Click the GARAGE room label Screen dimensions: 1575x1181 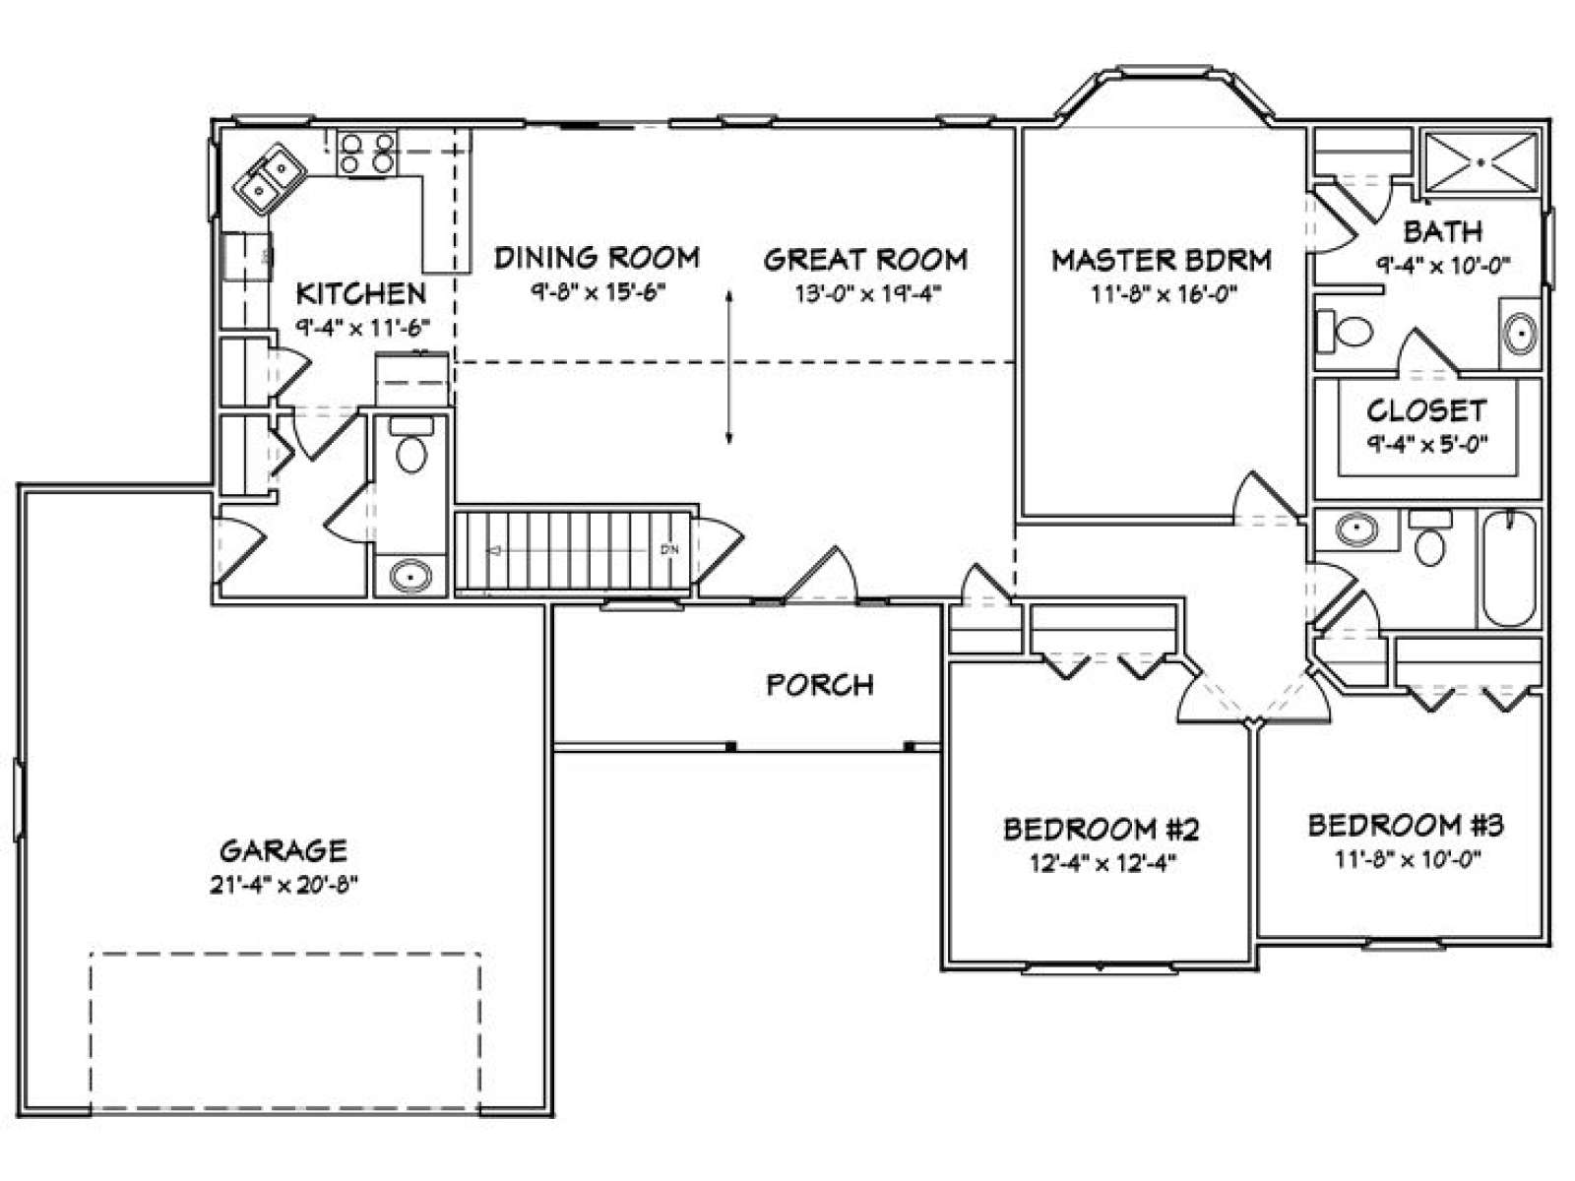click(283, 850)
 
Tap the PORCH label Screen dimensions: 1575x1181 click(820, 685)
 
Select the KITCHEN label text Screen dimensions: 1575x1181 click(361, 293)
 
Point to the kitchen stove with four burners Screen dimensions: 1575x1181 click(366, 154)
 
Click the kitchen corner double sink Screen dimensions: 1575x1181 click(270, 179)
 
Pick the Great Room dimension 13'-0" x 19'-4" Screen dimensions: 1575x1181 click(867, 294)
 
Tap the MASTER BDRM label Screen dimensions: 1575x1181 click(1161, 260)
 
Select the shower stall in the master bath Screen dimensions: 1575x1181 click(1481, 162)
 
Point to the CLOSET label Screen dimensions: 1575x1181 click(1425, 410)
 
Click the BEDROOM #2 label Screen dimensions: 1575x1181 click(1102, 830)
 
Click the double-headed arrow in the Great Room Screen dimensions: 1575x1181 click(729, 366)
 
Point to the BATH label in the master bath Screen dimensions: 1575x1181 click(1442, 231)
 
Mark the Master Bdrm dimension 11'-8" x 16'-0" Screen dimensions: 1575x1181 click(1164, 294)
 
